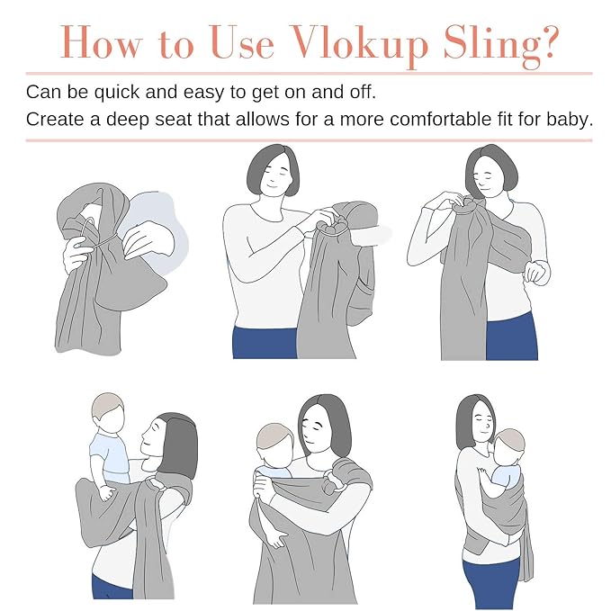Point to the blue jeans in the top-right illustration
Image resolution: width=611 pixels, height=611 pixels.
coord(510,336)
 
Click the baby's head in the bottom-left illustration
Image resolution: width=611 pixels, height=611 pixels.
coord(108,412)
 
